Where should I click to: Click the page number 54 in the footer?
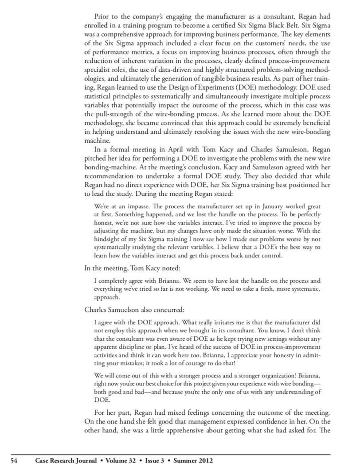(14, 460)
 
